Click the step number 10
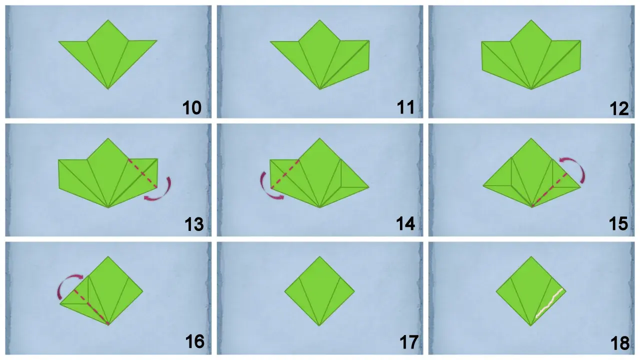tap(192, 108)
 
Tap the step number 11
tap(405, 107)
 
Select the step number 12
tap(619, 108)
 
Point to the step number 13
tap(194, 224)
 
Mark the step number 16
tap(195, 341)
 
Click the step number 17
tap(409, 342)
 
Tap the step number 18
tap(620, 343)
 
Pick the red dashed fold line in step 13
tap(142, 173)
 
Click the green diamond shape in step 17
tap(319, 291)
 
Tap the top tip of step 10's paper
tap(108, 19)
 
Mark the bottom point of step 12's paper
tap(531, 89)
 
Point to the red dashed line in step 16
tap(91, 307)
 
